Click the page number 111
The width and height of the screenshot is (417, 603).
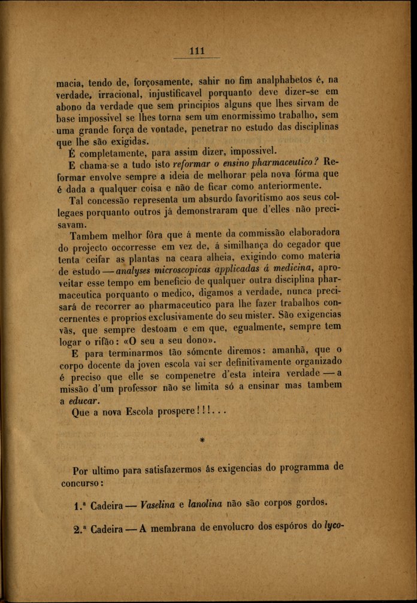[x=197, y=51]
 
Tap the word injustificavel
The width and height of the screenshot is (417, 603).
[x=189, y=93]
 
